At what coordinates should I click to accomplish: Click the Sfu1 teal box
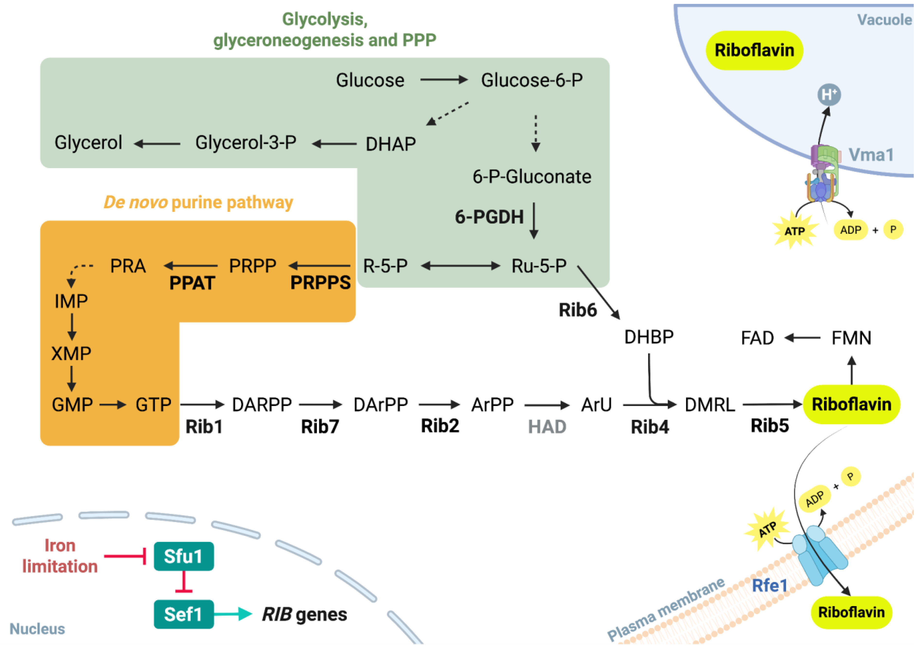point(184,557)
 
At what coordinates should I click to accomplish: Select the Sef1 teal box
point(184,615)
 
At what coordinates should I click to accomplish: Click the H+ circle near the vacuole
point(829,95)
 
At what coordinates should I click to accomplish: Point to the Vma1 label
point(871,155)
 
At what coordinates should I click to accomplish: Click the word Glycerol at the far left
point(88,143)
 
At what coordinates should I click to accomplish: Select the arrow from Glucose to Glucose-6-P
point(444,80)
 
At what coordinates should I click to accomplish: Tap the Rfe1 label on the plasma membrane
point(770,586)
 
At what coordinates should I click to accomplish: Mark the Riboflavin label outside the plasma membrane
point(852,613)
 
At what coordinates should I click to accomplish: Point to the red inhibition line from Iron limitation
point(125,557)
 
